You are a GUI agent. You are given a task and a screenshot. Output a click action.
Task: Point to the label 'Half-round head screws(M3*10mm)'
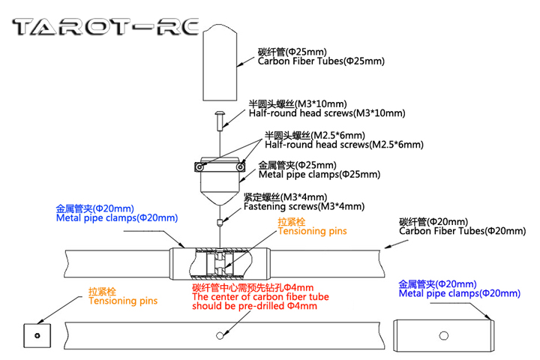[x=328, y=113]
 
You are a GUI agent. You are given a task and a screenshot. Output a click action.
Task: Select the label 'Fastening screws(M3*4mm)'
[x=304, y=206]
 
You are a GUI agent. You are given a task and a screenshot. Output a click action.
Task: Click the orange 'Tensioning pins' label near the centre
[x=312, y=232]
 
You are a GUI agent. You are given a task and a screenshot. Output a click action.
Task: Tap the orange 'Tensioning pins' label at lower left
[x=123, y=301]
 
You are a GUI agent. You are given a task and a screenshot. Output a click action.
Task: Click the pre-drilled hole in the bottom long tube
[x=219, y=334]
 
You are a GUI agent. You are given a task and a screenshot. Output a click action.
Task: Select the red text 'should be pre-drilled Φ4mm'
[x=257, y=306]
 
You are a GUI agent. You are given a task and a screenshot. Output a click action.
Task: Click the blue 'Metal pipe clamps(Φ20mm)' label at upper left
[x=116, y=218]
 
